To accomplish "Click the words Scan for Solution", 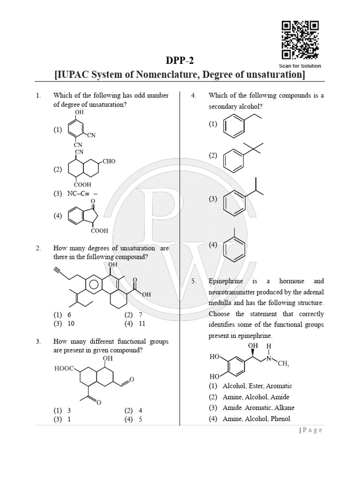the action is [x=300, y=66].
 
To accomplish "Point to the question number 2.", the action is [x=38, y=248].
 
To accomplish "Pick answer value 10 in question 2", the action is [x=70, y=323].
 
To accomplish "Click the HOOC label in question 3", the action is [x=64, y=369].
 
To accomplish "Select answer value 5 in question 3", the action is [x=140, y=420].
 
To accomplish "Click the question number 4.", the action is [x=193, y=96].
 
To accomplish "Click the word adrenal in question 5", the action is [x=312, y=292].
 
